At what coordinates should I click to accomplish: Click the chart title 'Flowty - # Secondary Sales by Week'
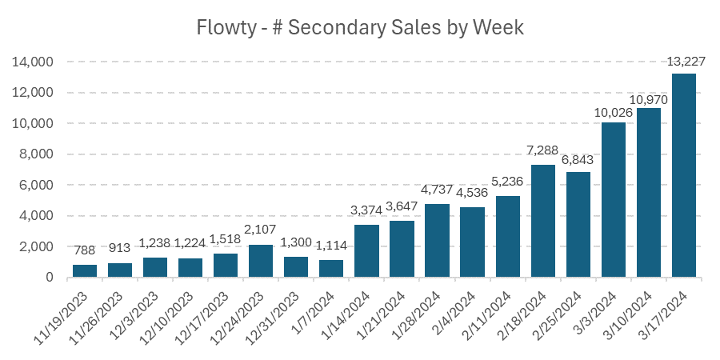360,28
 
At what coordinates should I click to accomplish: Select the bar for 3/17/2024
684,176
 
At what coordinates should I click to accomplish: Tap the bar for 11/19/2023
85,271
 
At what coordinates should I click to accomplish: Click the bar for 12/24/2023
261,261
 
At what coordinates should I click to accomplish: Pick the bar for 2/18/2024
543,222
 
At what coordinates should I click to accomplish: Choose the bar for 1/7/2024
331,269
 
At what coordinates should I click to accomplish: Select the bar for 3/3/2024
614,200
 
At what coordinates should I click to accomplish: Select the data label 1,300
296,244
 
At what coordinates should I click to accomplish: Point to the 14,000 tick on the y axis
33,62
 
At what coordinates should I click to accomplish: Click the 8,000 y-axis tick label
36,154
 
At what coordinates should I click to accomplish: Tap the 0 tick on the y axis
50,278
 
